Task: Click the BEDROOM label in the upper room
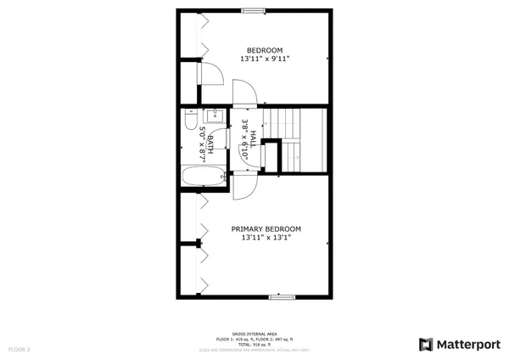point(265,49)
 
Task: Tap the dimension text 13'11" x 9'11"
point(265,59)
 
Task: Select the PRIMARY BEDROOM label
point(266,228)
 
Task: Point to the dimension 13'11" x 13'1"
point(266,239)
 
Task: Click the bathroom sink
point(215,116)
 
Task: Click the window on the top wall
point(252,11)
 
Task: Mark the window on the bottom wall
point(281,297)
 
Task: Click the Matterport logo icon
point(426,344)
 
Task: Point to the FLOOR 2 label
point(19,349)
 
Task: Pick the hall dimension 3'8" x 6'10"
point(243,139)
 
